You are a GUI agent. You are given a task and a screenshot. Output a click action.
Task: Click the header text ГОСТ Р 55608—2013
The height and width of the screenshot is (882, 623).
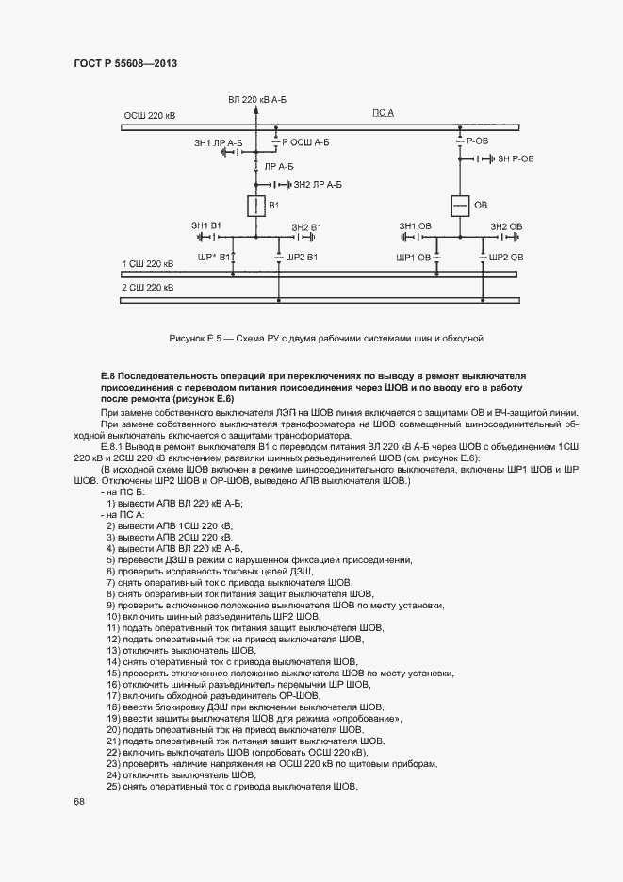125,63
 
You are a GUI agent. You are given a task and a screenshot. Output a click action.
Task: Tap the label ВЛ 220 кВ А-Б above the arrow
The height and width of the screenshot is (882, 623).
257,99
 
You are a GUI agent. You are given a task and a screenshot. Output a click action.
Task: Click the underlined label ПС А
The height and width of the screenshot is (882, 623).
384,113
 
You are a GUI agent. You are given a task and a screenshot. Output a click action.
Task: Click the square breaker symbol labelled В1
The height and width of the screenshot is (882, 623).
254,205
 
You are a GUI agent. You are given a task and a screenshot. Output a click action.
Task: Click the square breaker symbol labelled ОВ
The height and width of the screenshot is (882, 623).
459,205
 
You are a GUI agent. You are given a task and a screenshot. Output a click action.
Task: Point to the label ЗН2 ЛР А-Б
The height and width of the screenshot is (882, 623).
318,186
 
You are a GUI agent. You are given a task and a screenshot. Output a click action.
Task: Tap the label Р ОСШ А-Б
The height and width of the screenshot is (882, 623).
305,142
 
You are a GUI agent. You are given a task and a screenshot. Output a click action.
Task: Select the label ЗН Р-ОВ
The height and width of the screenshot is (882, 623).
516,159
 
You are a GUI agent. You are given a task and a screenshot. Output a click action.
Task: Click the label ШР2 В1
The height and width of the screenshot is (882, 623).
303,258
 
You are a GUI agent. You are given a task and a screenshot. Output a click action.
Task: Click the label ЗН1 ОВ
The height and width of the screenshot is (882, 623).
415,226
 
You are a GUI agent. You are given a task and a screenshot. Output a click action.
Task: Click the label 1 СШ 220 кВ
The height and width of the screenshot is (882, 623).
149,264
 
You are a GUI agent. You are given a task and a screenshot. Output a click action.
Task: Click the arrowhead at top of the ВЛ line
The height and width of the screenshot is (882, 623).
254,110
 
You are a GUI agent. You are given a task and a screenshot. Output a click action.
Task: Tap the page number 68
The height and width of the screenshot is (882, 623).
79,801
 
